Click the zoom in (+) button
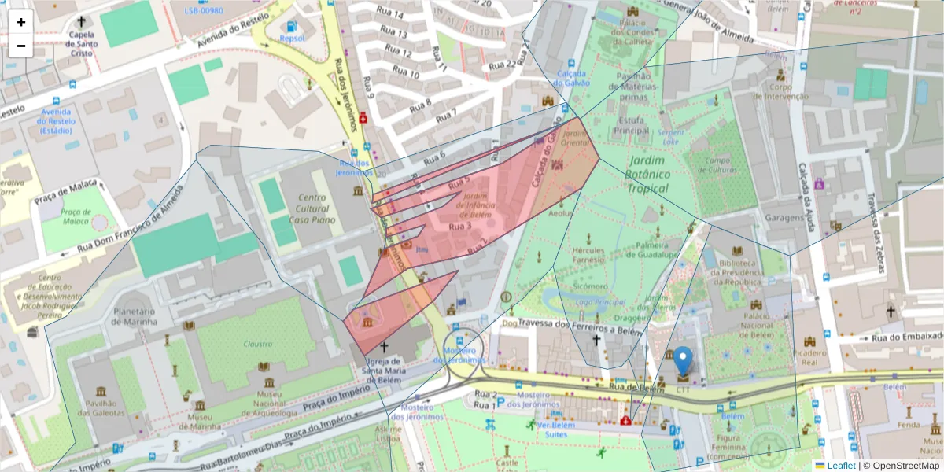click(21, 22)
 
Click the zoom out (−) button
click(21, 46)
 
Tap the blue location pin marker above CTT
click(684, 360)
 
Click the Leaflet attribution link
click(840, 466)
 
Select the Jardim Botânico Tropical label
click(647, 175)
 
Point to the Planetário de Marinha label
click(135, 316)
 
